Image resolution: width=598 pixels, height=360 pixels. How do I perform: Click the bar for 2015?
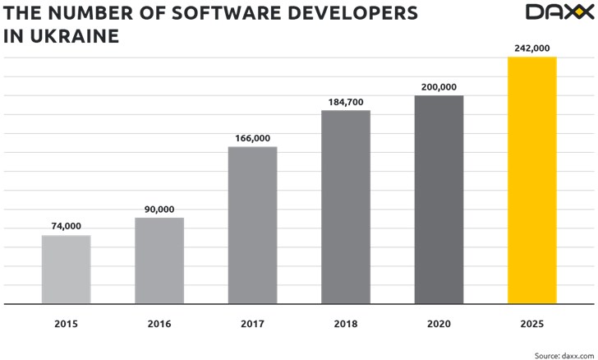click(x=66, y=270)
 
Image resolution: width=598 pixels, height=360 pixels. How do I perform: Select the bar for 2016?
click(x=159, y=261)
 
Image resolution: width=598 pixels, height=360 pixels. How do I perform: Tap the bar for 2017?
click(x=252, y=225)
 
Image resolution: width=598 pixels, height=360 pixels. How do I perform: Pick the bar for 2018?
click(x=346, y=207)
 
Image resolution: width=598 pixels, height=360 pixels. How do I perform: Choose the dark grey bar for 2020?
click(x=439, y=200)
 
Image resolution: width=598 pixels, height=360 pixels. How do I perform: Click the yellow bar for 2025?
click(x=532, y=180)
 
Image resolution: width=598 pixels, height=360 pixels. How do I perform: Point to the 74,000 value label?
click(x=66, y=226)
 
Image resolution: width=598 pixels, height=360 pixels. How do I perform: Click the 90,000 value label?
click(x=159, y=209)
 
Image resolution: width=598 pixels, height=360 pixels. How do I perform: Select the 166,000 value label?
click(x=252, y=138)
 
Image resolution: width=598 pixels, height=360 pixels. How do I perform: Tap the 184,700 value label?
click(x=346, y=101)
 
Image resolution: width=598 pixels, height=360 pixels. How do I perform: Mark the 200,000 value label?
click(x=439, y=86)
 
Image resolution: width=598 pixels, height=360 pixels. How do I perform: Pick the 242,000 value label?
click(x=532, y=48)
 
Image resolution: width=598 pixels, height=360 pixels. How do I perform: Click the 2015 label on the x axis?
click(x=66, y=325)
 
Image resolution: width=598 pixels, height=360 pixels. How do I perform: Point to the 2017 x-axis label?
click(x=252, y=325)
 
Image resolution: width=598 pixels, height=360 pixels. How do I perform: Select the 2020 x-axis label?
click(x=439, y=325)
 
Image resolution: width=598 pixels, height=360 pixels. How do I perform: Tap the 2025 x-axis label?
click(x=532, y=325)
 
